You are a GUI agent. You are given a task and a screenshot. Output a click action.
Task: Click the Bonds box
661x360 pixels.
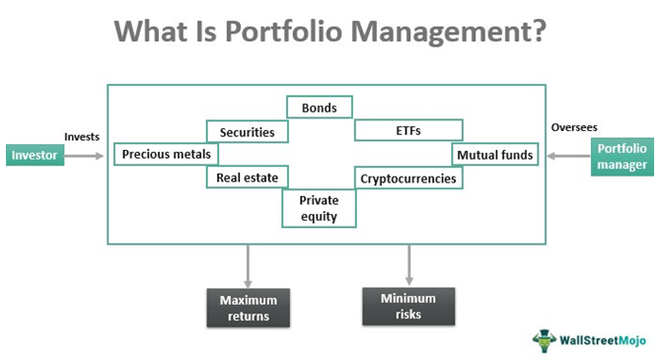click(320, 108)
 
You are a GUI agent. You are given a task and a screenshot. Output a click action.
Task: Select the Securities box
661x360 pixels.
click(248, 131)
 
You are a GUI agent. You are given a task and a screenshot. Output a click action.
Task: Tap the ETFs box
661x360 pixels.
click(408, 130)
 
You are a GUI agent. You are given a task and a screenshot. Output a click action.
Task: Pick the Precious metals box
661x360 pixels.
click(167, 154)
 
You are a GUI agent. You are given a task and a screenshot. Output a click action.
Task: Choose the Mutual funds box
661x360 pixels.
click(495, 155)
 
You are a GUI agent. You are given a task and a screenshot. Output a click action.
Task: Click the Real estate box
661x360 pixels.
click(248, 178)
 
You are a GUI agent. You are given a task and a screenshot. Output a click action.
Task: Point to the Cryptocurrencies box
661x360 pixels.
click(408, 178)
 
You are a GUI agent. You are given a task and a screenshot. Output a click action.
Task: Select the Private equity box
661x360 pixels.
click(319, 208)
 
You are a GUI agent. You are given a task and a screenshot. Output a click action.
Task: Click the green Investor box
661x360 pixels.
click(35, 155)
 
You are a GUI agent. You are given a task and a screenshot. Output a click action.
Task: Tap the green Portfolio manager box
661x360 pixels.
click(623, 157)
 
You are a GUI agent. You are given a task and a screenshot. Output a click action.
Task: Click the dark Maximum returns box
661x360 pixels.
click(249, 308)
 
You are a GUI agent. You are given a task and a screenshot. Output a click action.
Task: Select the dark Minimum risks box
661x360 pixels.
click(408, 307)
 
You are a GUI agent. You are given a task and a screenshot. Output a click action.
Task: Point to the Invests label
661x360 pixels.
click(82, 136)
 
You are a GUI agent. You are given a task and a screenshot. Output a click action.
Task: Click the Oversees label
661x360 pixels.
click(574, 127)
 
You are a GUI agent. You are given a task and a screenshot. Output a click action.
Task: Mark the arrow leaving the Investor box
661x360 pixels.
click(84, 156)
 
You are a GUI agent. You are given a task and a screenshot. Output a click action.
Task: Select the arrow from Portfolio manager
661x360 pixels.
click(568, 156)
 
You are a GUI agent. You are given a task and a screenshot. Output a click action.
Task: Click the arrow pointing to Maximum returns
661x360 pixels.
click(248, 266)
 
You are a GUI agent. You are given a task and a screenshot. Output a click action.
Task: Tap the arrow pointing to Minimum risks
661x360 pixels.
click(408, 265)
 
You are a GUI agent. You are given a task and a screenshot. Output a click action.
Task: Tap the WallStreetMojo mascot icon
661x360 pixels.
click(545, 340)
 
